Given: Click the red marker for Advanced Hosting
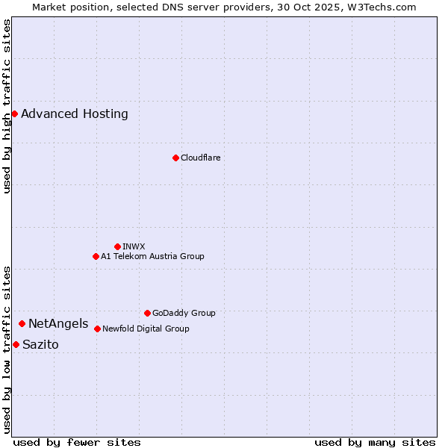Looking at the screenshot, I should (14, 113).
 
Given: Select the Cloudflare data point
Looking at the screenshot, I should (175, 158).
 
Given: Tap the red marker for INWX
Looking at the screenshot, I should (117, 246).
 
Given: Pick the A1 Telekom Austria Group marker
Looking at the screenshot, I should (96, 256).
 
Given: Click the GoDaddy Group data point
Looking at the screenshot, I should (147, 313).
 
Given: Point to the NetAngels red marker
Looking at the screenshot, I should (22, 323).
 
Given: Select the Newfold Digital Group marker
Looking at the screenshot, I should (97, 329).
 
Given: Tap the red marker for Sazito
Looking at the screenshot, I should (16, 344).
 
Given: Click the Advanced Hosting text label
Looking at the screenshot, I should (75, 114).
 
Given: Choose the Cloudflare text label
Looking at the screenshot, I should (200, 158).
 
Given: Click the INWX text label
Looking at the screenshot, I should (134, 246).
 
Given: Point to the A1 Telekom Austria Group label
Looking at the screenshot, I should (152, 256).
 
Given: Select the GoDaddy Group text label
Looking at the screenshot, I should (184, 313).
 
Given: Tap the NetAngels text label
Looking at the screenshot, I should (58, 324).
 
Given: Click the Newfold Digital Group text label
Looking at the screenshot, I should (146, 329).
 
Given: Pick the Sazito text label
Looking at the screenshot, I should (40, 345).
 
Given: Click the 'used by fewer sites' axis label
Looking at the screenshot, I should (77, 442).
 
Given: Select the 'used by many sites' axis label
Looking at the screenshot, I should (375, 442).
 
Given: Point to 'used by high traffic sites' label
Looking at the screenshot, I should (7, 106).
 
